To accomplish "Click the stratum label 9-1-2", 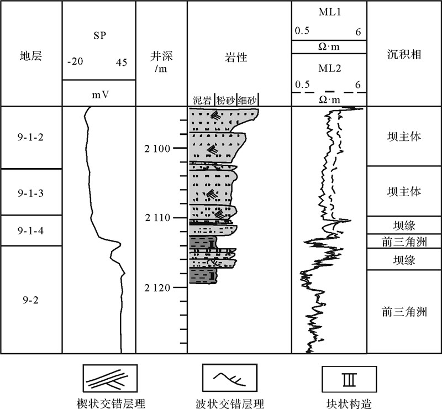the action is coord(30,138).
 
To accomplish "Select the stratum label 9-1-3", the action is coord(30,193).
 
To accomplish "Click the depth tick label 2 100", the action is coord(158,149).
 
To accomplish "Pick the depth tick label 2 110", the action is coord(158,218).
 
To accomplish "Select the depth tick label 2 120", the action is coord(158,288).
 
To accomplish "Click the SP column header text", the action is coord(99,36).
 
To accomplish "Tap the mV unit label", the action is coord(99,95).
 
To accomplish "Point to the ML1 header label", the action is coord(329,12).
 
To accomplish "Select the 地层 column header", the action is coord(30,55).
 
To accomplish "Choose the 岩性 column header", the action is coord(239,56).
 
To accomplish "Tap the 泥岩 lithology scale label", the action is coord(202,100).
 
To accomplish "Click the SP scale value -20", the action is coord(75,62).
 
